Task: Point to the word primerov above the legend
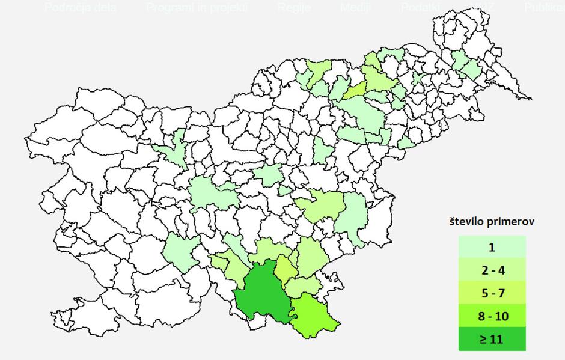(512, 222)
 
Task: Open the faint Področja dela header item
(81, 8)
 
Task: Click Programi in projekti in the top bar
(197, 8)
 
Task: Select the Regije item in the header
(293, 8)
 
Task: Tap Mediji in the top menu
(356, 8)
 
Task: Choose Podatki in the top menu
(421, 8)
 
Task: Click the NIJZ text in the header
(481, 8)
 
